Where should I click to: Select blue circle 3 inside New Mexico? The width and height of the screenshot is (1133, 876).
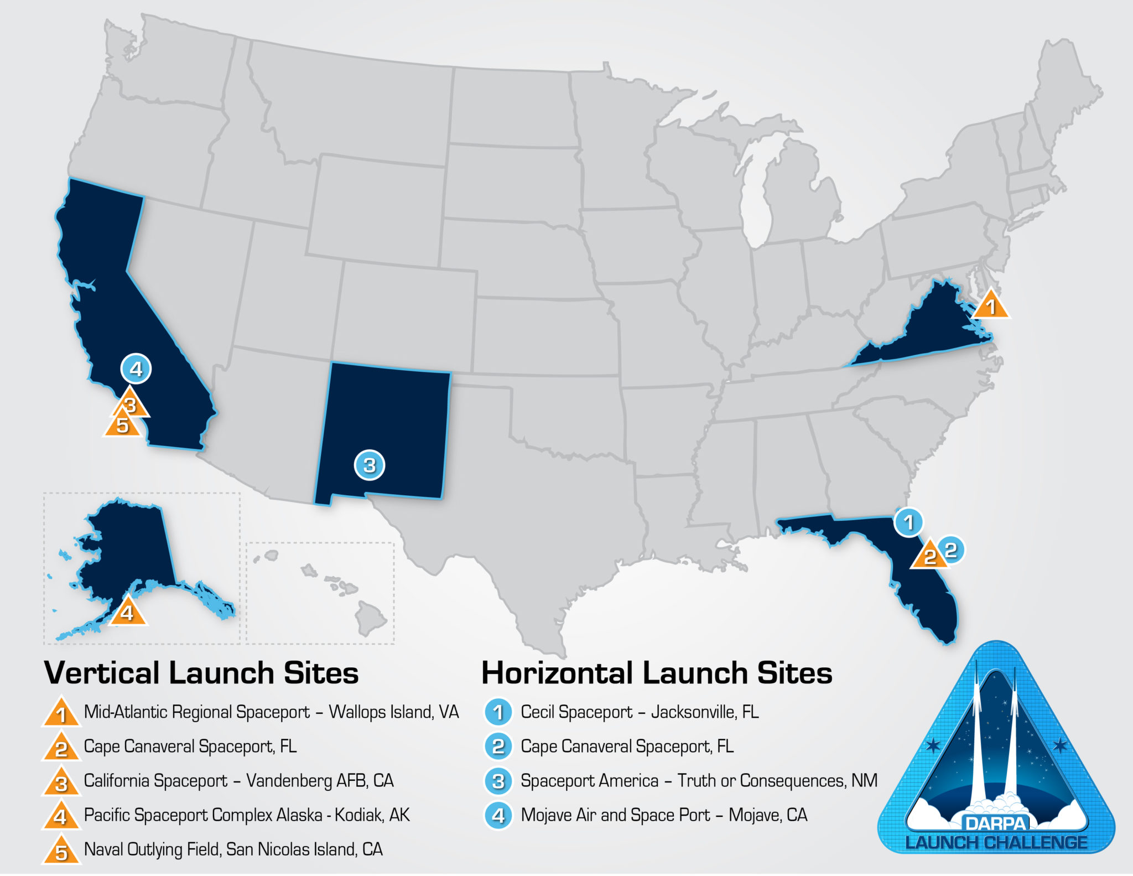(x=370, y=465)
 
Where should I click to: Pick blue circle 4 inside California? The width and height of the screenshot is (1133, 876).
(x=136, y=369)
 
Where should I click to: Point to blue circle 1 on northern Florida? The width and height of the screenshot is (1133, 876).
(x=908, y=522)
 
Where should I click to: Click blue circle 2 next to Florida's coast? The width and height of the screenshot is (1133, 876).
(x=951, y=550)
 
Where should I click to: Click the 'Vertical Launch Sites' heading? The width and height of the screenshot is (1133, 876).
(x=201, y=673)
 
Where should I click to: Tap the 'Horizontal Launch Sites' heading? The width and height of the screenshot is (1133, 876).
(x=657, y=673)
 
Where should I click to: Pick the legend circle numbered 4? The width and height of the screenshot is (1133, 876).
(x=498, y=816)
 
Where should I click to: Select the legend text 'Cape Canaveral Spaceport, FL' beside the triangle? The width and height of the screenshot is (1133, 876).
(x=190, y=747)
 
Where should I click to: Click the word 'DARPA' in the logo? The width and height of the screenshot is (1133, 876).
(x=996, y=823)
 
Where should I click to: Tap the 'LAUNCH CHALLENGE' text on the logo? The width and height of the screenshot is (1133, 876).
(x=996, y=843)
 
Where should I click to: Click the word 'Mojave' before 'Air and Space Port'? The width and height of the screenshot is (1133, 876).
(x=546, y=815)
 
